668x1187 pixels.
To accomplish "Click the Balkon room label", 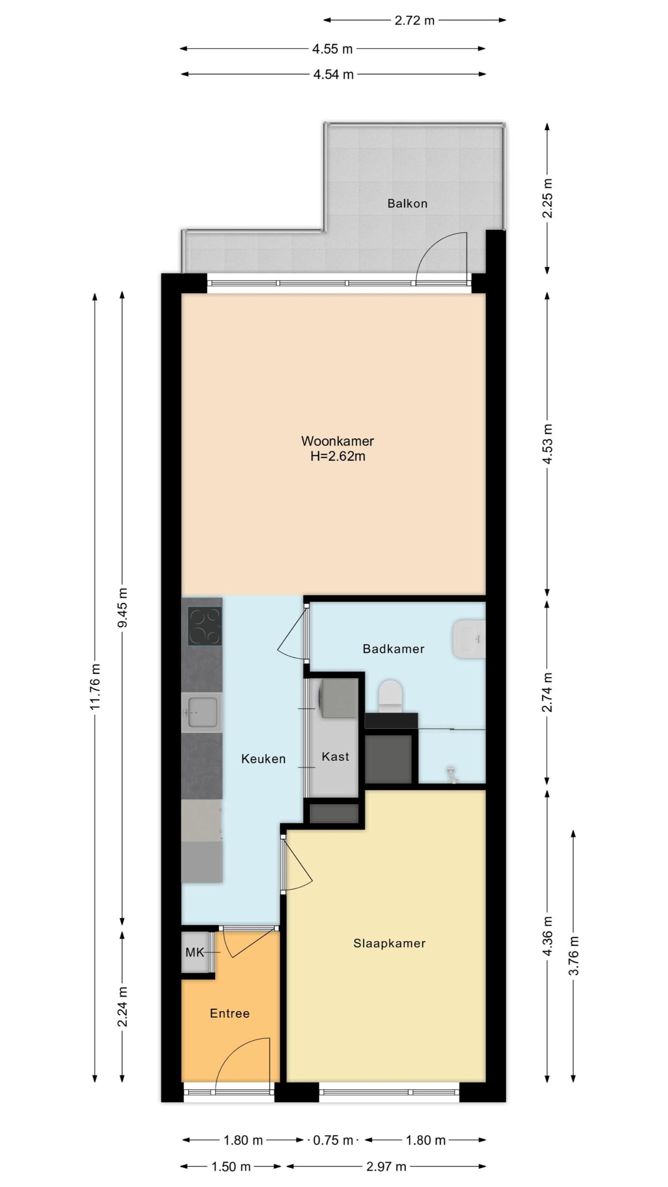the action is point(407,203).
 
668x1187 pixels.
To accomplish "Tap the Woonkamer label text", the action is point(338,440).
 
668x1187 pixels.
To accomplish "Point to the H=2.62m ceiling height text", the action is point(338,456).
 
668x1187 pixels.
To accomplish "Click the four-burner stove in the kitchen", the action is point(205,626).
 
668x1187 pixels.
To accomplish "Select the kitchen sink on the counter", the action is point(200,712).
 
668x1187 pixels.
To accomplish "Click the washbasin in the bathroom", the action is point(469,639).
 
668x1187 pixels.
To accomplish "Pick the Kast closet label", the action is point(335,757).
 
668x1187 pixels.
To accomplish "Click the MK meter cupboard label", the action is point(195,952).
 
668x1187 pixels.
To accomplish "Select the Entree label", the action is point(230,1014).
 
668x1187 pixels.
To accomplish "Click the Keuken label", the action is point(263,759).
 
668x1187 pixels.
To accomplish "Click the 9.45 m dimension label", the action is point(122,607).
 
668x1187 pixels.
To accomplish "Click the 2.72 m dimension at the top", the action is point(414,20).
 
